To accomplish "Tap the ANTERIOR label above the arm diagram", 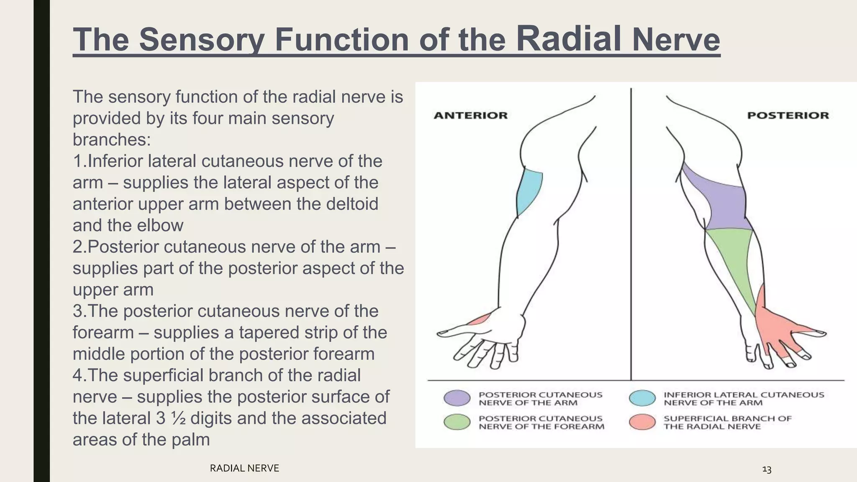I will (470, 115).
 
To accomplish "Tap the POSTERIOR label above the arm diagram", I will (788, 115).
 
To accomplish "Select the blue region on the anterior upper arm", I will (529, 190).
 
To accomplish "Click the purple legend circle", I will (457, 398).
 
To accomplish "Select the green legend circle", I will (457, 422).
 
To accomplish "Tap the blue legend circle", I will (642, 398).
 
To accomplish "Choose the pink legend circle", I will (642, 422).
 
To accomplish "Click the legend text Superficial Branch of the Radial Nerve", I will (727, 422).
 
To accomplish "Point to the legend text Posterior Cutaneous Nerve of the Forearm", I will (541, 422).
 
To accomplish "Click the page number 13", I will (767, 469).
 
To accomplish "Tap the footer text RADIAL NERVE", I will (244, 468).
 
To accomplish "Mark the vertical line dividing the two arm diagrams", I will (631, 234).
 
